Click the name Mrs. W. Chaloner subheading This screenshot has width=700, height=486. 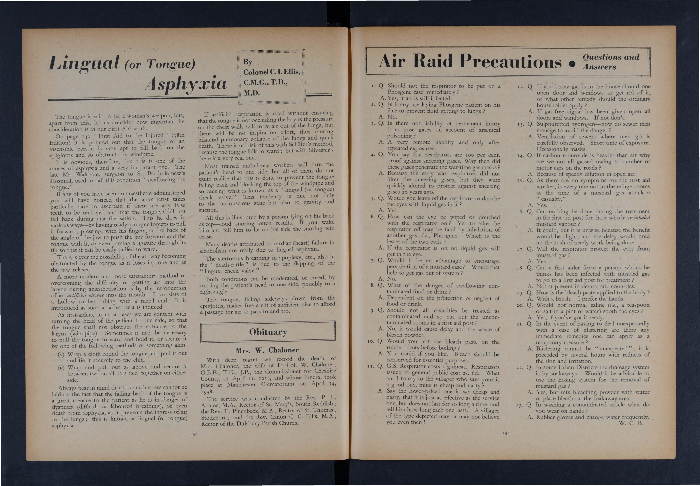coord(267,350)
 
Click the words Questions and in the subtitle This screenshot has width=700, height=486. coord(611,57)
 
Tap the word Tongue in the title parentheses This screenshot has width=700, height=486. coord(170,64)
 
